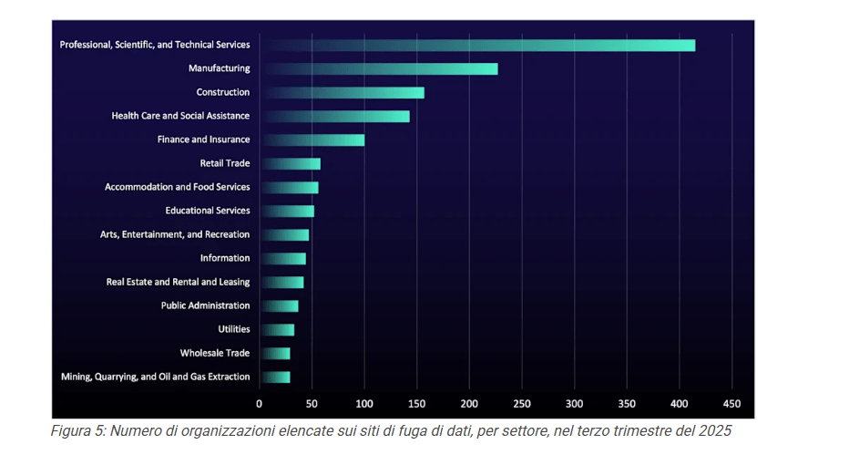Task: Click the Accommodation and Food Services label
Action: [x=177, y=187]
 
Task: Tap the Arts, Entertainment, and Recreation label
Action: [x=174, y=234]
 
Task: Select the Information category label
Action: [x=224, y=258]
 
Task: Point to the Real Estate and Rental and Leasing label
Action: [x=178, y=282]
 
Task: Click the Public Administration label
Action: [x=205, y=305]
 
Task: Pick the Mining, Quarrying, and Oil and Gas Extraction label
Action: [x=155, y=377]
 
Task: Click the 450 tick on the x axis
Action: [x=732, y=403]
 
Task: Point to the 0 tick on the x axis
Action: [x=259, y=403]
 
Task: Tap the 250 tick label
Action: [x=522, y=403]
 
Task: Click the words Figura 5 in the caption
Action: [x=77, y=431]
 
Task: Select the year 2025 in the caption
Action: [x=713, y=431]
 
